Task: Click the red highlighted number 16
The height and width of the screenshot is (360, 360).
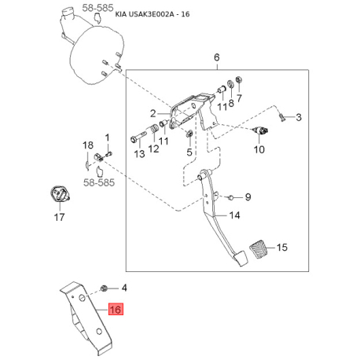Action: pos(116,310)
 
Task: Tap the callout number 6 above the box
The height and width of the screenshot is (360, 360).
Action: pos(217,57)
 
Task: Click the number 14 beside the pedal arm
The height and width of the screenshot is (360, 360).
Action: pos(234,215)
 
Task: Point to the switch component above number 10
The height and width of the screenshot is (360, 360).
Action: pos(260,130)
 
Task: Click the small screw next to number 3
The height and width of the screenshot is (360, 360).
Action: pos(281,117)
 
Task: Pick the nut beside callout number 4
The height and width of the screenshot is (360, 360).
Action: pos(105,288)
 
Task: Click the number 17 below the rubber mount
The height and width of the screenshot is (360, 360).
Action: pos(60,217)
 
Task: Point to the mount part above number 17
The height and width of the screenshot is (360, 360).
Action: pos(60,195)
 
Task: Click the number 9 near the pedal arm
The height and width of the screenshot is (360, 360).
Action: pos(248,197)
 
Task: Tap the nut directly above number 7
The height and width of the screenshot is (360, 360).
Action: pos(239,79)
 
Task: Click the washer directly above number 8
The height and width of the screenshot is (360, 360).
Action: pos(231,84)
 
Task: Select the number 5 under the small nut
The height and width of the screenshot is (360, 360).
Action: pos(189,152)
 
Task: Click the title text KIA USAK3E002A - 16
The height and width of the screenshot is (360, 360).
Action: pos(152,14)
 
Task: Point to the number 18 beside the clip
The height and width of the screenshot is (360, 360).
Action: pos(88,145)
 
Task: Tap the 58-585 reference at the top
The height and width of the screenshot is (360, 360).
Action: pos(97,8)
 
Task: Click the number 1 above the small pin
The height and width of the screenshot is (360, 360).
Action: pos(107,138)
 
